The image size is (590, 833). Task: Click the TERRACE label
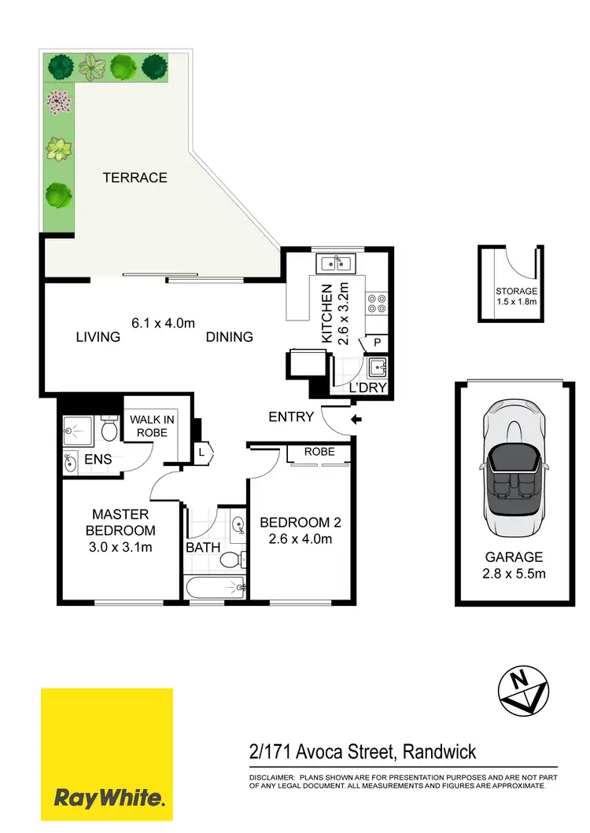pos(135,178)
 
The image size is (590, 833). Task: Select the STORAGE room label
pos(515,290)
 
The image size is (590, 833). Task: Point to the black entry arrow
pos(356,420)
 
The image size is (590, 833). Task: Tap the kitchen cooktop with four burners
pos(375,304)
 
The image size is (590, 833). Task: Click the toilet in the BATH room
pos(230,560)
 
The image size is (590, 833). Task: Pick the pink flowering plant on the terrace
pos(57,101)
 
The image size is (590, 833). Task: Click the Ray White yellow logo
pos(107,755)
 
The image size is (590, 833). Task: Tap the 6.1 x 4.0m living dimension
pos(163,322)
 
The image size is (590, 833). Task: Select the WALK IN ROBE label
pos(153,426)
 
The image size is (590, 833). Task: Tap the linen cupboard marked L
pos(202,452)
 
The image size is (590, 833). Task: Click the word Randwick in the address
pos(439,752)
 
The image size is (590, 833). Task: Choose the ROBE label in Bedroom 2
pos(319,452)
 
